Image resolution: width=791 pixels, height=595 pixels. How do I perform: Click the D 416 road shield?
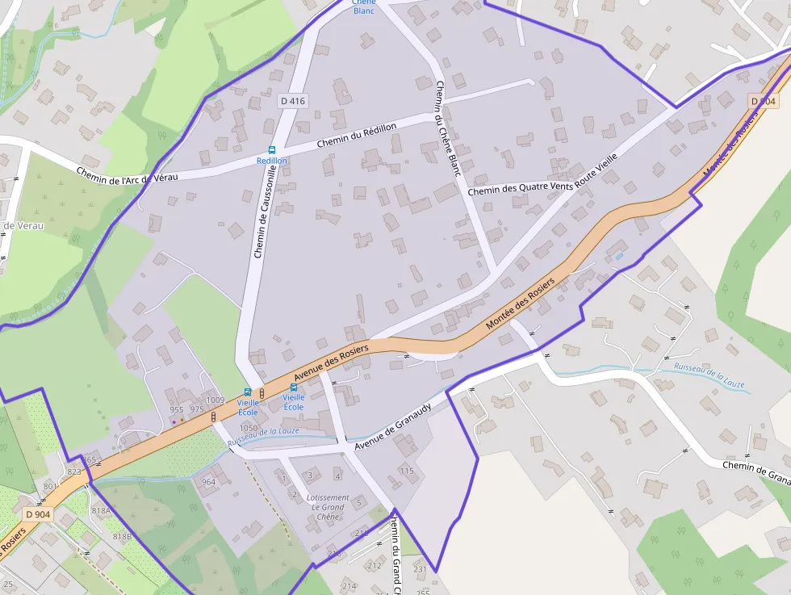(x=293, y=101)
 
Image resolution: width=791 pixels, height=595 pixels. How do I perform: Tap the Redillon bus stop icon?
(x=272, y=150)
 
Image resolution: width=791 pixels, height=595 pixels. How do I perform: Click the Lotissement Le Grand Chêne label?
(x=328, y=507)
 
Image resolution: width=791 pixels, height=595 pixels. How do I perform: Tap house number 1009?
(x=216, y=400)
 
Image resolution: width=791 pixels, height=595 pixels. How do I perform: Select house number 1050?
(x=249, y=428)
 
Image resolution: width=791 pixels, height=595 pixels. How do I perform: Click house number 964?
(x=208, y=482)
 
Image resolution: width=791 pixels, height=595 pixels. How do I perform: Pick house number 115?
(x=406, y=471)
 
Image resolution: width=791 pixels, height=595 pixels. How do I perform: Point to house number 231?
(x=420, y=569)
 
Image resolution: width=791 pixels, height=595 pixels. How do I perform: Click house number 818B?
(x=122, y=536)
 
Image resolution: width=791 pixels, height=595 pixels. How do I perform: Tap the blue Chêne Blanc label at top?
(x=364, y=6)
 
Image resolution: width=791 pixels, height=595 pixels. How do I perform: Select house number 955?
(x=177, y=409)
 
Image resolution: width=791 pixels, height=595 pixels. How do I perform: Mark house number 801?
(x=50, y=486)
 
